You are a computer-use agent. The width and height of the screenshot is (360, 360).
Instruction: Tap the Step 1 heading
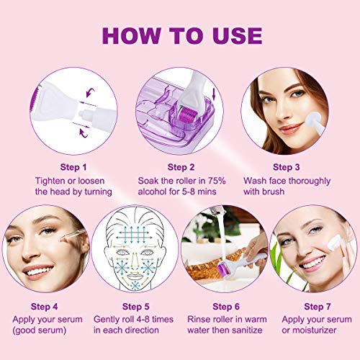[x=73, y=167]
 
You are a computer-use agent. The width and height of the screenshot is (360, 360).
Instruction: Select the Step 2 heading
[x=181, y=167]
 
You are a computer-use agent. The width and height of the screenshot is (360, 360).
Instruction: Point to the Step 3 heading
[x=287, y=167]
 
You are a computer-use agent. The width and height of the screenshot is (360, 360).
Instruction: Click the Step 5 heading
[x=135, y=307]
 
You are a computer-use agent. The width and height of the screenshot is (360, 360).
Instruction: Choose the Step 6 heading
[x=226, y=307]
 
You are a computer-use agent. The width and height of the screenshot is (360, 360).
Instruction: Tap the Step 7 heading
[x=318, y=307]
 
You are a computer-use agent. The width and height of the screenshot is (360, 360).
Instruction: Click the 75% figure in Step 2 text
[x=217, y=181]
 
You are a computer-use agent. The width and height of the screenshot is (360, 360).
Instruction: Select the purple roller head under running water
[x=223, y=267]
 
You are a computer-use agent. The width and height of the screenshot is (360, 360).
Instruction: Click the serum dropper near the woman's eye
[x=73, y=235]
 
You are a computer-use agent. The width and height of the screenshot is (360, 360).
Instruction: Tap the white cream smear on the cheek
[x=334, y=243]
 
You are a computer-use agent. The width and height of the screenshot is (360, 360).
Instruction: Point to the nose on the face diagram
[x=135, y=261]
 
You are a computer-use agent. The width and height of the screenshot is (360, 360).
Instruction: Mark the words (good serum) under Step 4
[x=40, y=330]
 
